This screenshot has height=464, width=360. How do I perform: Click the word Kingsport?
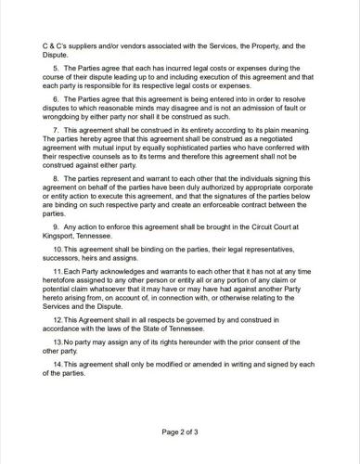pyautogui.click(x=62, y=236)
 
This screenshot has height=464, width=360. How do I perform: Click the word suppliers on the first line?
pyautogui.click(x=89, y=44)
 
